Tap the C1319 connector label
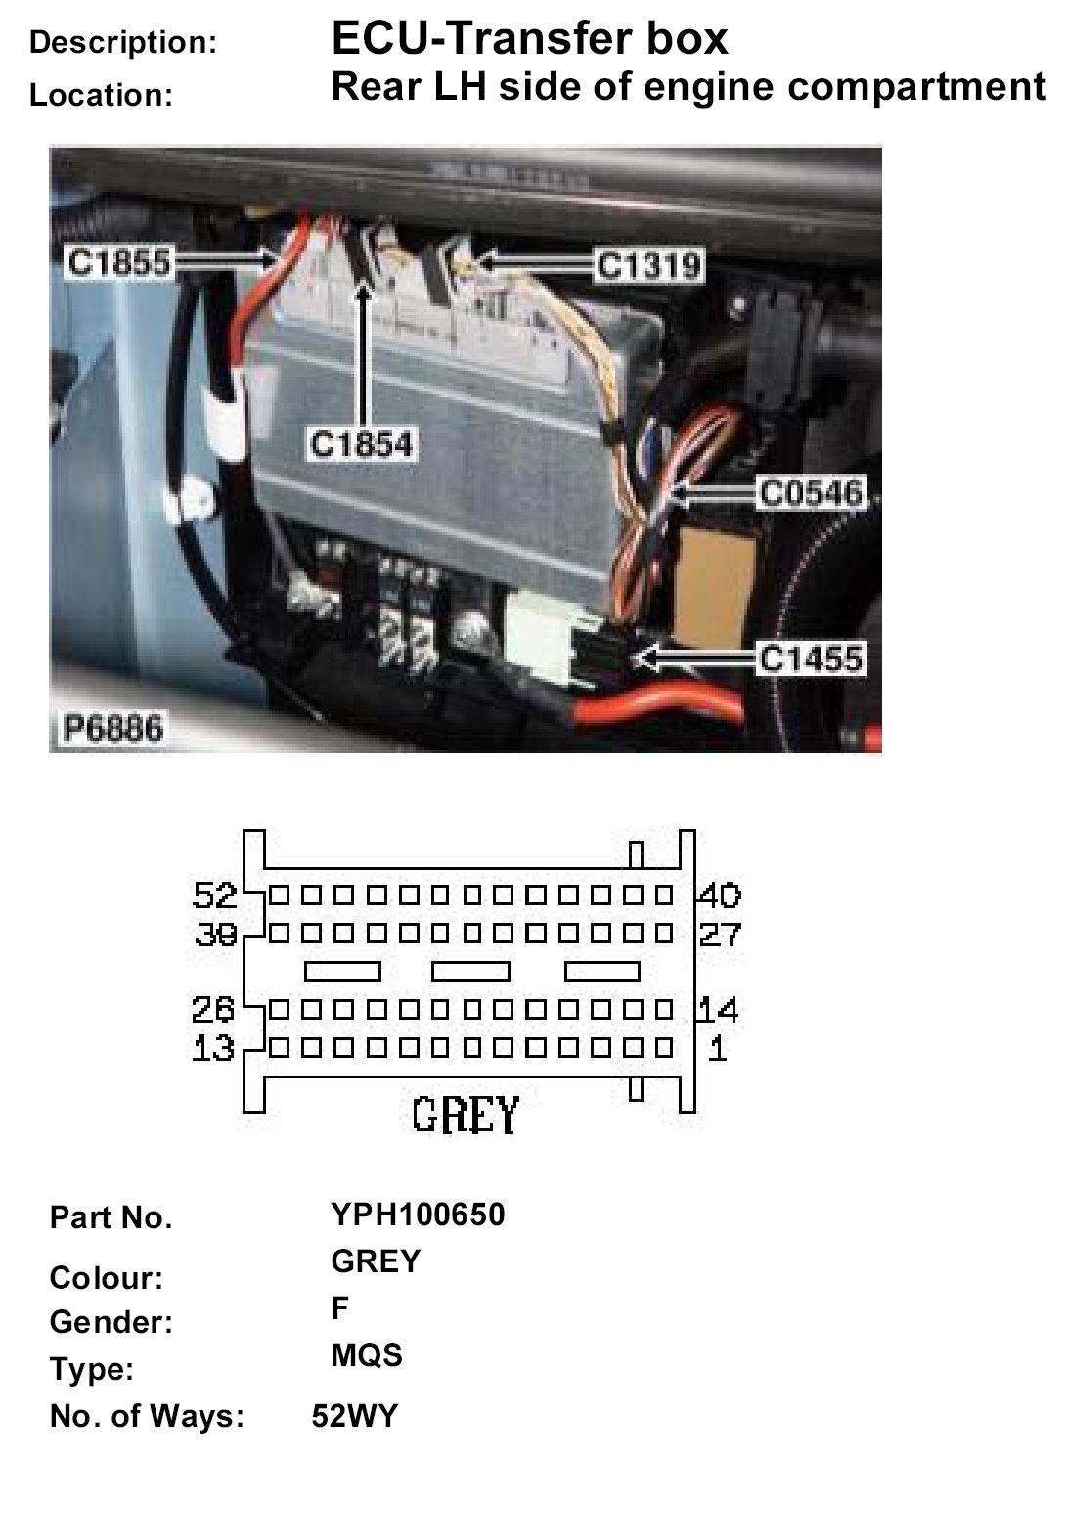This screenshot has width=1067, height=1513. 649,264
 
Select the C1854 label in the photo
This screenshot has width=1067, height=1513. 362,444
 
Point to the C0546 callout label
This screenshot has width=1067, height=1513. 812,491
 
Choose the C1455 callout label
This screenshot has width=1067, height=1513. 812,659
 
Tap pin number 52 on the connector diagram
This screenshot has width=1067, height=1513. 215,894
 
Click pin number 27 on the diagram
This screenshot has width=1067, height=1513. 720,934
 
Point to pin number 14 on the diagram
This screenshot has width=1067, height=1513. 719,1009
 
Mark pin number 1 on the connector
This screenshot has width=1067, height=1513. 718,1049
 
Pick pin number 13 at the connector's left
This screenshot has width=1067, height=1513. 213,1049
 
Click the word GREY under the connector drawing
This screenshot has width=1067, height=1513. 466,1114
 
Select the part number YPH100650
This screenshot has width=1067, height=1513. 418,1215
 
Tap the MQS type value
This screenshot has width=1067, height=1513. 367,1355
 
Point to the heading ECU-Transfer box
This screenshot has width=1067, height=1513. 530,39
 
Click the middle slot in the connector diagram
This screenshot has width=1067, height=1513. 470,971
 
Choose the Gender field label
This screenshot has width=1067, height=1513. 111,1322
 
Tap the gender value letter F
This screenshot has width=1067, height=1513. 340,1307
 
